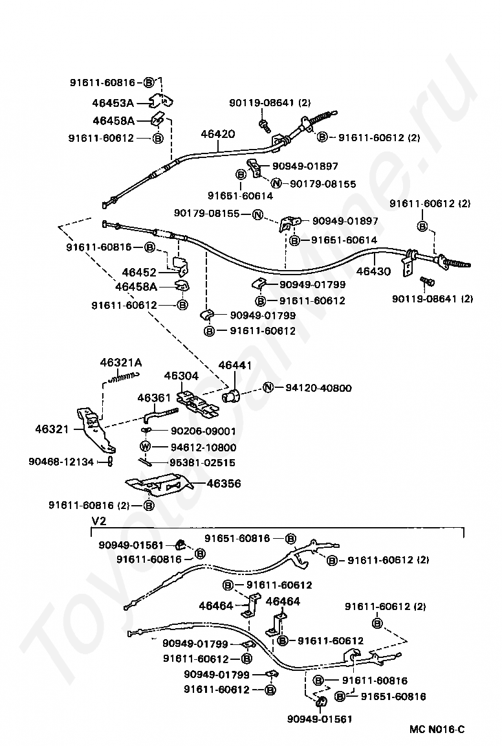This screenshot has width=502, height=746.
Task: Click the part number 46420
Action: click(x=217, y=134)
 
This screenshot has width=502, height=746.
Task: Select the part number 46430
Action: click(x=373, y=271)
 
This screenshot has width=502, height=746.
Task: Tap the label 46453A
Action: click(x=113, y=102)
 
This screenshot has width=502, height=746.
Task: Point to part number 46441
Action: click(x=235, y=366)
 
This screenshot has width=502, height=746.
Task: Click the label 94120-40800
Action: click(x=320, y=389)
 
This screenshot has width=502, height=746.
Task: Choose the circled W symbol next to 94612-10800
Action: click(x=146, y=447)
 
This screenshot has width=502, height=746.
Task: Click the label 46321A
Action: click(x=120, y=363)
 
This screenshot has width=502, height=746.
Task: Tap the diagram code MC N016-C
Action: click(x=437, y=729)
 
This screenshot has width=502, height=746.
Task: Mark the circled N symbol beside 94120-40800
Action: click(x=269, y=389)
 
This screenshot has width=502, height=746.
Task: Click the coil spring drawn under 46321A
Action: click(x=124, y=376)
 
